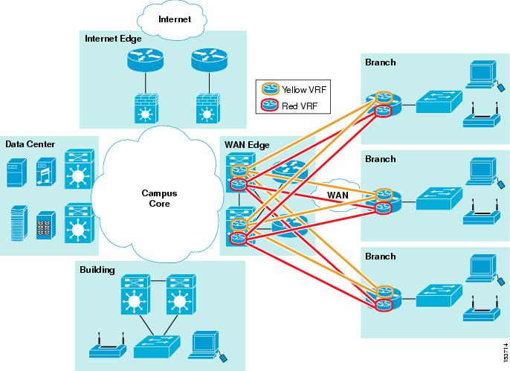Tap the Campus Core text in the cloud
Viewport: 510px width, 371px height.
(160, 197)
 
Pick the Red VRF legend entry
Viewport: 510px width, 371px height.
(298, 106)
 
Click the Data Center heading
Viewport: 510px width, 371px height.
(30, 143)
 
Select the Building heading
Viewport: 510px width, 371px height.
(97, 269)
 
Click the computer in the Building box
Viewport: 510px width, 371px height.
(204, 343)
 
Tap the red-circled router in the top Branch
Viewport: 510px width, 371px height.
(384, 112)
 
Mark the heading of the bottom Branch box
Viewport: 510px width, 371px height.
(380, 255)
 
